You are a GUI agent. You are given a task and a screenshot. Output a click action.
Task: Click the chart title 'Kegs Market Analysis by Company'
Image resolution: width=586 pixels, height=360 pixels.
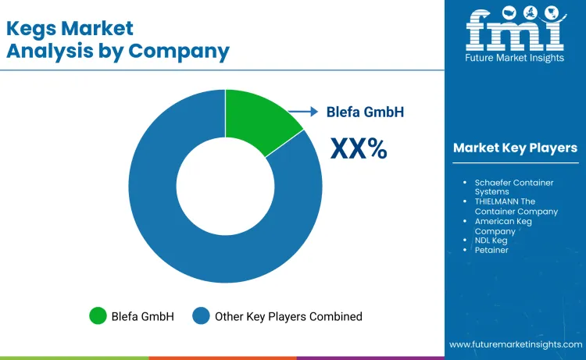pos(118,40)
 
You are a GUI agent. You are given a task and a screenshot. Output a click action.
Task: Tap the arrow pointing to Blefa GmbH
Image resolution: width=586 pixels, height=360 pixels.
pos(304,112)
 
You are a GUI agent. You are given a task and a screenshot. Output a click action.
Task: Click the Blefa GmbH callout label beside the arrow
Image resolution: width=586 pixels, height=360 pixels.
pos(365,112)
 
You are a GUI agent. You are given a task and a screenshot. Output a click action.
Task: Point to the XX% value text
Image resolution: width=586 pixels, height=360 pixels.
pos(359,148)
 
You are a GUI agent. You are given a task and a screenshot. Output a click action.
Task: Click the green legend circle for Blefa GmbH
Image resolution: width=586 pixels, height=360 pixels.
pos(98,316)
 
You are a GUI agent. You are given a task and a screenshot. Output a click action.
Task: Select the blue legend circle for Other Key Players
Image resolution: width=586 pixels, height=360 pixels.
pos(202,316)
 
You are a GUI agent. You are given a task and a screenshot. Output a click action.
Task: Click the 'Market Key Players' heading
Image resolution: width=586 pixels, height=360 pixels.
pos(515,148)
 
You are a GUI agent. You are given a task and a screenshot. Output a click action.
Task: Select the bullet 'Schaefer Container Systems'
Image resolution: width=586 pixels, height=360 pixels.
pos(514,187)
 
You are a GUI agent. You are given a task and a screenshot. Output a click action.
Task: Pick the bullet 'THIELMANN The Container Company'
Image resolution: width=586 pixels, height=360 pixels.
pos(516,206)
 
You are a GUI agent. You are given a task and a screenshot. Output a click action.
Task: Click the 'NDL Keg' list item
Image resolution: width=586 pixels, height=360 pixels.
pos(491,241)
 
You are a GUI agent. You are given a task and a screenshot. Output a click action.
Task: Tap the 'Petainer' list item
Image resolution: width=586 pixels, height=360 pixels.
pos(491,250)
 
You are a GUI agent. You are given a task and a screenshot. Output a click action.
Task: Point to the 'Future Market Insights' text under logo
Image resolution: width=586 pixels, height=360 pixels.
pos(515,59)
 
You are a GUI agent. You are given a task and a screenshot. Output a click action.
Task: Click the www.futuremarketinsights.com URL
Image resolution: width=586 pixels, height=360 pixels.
pos(515,344)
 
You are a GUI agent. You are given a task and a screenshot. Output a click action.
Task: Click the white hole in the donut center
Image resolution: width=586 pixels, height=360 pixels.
pos(225,185)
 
